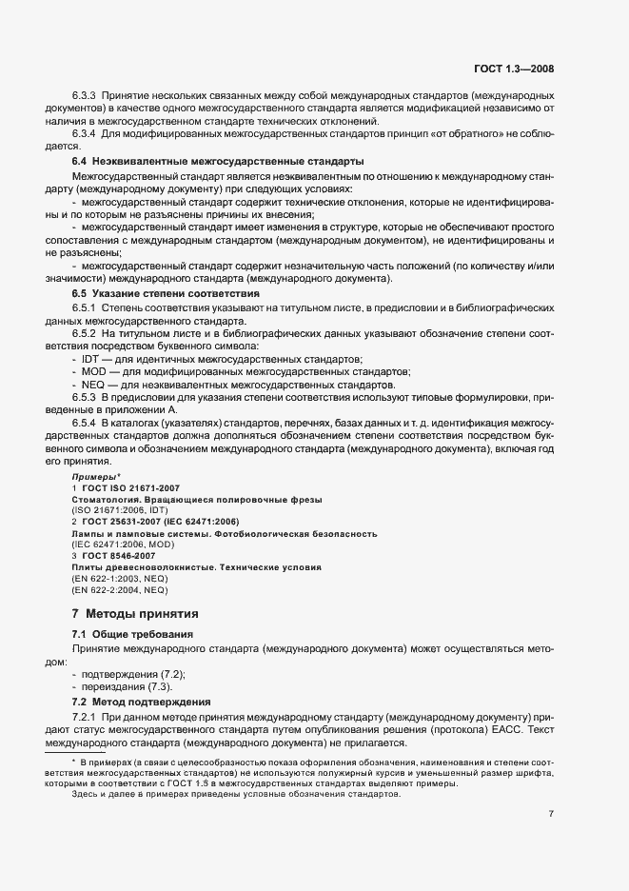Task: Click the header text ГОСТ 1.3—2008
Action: click(x=514, y=69)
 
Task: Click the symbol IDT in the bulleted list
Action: click(x=92, y=358)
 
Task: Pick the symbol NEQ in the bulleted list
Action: click(x=93, y=384)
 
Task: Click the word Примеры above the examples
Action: click(x=94, y=475)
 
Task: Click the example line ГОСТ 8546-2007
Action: click(x=119, y=554)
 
